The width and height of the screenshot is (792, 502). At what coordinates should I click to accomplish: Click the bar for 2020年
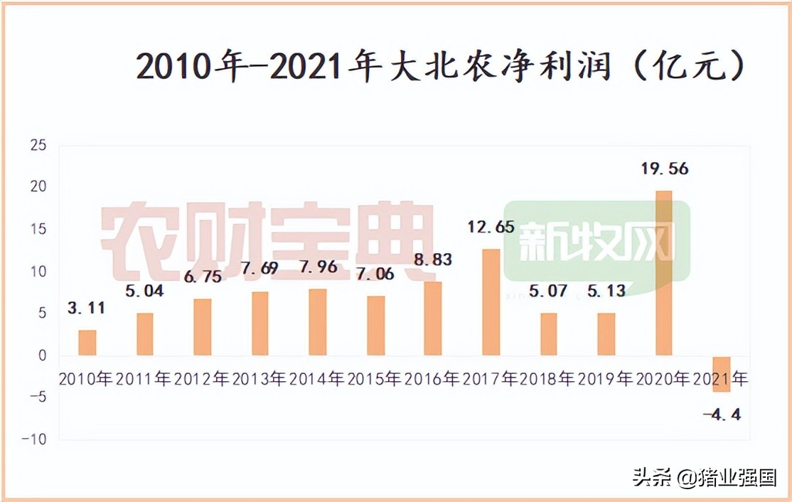[x=663, y=273]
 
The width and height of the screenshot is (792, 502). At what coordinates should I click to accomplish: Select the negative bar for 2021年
[x=722, y=373]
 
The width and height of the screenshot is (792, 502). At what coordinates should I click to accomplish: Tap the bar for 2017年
[x=491, y=302]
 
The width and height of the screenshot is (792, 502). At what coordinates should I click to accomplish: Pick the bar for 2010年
[x=87, y=343]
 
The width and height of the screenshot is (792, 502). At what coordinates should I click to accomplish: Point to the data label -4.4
[x=722, y=413]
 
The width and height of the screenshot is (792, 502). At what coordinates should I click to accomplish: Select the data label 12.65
[x=491, y=228]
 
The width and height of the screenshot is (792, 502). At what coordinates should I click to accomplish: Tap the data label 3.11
[x=87, y=308]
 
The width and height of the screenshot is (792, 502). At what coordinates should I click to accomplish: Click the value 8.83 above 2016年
[x=433, y=260]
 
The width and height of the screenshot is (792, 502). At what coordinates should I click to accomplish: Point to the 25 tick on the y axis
[x=37, y=146]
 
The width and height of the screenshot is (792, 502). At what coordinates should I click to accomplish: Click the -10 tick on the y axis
[x=33, y=439]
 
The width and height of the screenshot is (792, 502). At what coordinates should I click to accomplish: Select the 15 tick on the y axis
[x=37, y=230]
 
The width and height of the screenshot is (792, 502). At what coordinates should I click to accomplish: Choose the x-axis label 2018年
[x=547, y=379]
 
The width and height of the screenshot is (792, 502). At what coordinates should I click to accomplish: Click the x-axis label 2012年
[x=202, y=379]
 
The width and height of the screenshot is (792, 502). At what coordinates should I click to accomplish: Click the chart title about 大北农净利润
[x=441, y=68]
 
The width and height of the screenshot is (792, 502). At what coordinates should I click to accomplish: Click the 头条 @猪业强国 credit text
[x=705, y=477]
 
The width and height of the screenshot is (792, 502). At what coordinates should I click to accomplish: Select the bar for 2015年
[x=375, y=326]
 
